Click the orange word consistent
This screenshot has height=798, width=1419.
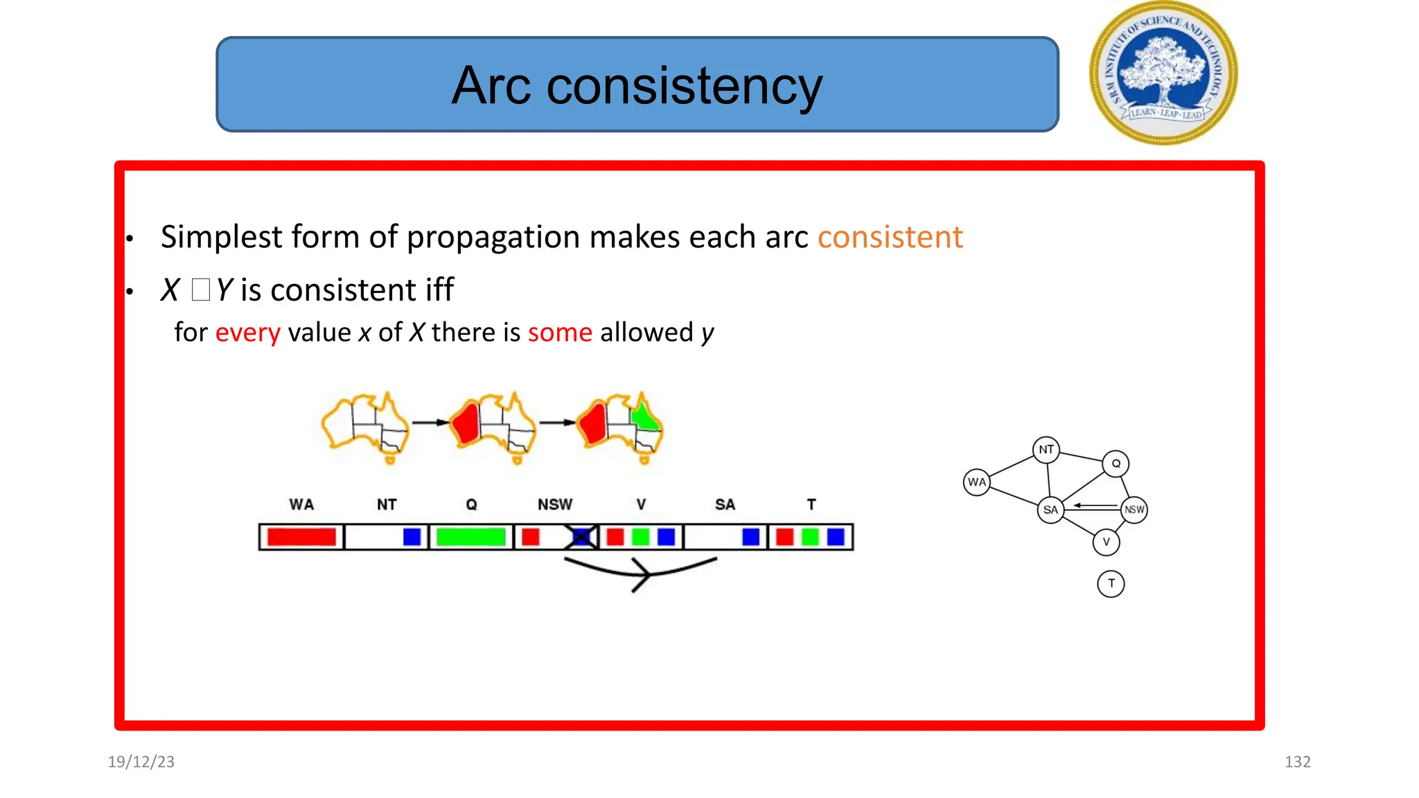(x=890, y=237)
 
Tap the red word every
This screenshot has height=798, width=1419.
(x=247, y=332)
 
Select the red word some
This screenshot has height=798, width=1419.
(x=560, y=332)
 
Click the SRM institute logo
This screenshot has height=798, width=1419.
(x=1163, y=73)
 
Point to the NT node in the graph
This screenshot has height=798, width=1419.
(x=1046, y=450)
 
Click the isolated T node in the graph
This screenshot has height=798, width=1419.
(x=1111, y=584)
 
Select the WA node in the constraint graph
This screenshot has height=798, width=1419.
(x=976, y=482)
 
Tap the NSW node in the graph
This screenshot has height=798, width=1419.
(x=1134, y=510)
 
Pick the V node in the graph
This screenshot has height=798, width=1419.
(x=1106, y=542)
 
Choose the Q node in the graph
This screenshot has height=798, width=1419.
(x=1116, y=463)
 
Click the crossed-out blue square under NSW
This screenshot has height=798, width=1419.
(x=581, y=537)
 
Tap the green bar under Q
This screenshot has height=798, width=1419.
(x=471, y=537)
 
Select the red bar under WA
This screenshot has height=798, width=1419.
(x=301, y=537)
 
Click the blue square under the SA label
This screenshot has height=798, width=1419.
(x=750, y=537)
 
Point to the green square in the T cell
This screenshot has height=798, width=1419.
(x=810, y=537)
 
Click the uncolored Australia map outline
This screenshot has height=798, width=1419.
(x=365, y=426)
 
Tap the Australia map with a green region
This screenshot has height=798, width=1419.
(x=620, y=426)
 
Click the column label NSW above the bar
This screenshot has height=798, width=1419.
(x=555, y=504)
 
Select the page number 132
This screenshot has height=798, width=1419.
(x=1297, y=762)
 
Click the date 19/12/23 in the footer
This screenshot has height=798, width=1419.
(x=141, y=762)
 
